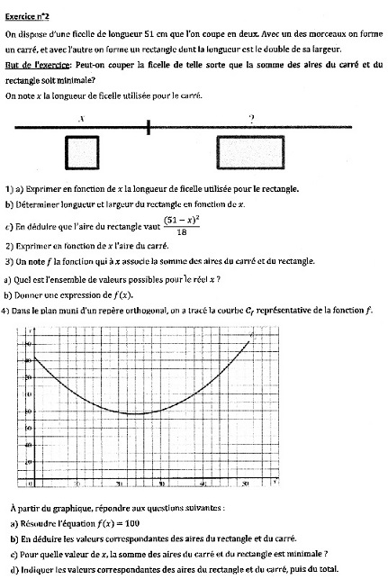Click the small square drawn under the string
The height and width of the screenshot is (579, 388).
(82, 151)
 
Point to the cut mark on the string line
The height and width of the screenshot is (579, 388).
(149, 127)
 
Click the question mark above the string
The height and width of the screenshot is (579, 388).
(251, 117)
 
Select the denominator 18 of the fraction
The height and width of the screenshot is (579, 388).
(182, 231)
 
